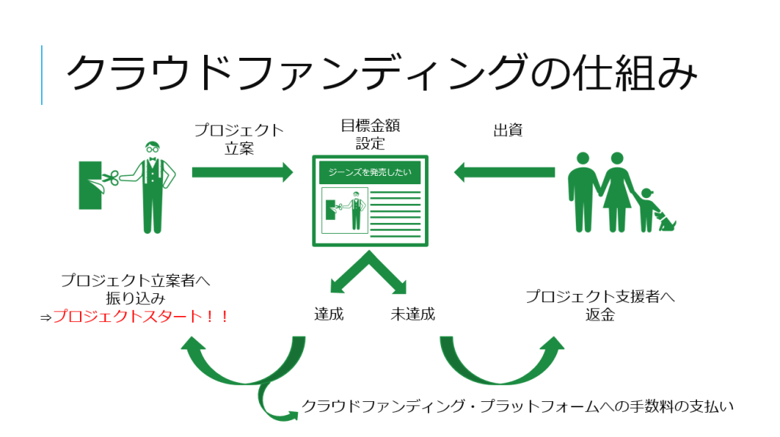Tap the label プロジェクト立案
[x=238, y=139]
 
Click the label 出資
[x=507, y=130]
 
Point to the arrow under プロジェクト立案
[x=241, y=172]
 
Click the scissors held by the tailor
[x=108, y=180]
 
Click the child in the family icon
[x=647, y=210]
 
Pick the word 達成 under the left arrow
[x=329, y=314]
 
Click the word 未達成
[x=412, y=314]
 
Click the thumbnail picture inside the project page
[x=345, y=209]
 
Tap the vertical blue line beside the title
[x=41, y=75]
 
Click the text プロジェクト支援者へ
[x=600, y=296]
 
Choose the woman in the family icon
[x=616, y=194]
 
